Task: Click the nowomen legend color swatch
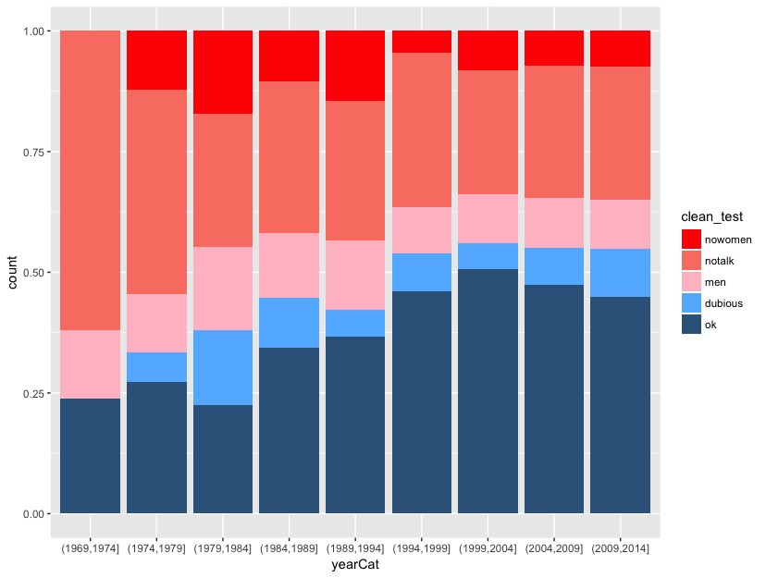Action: click(x=691, y=239)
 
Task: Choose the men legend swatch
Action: click(x=691, y=281)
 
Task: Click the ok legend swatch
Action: click(x=691, y=324)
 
